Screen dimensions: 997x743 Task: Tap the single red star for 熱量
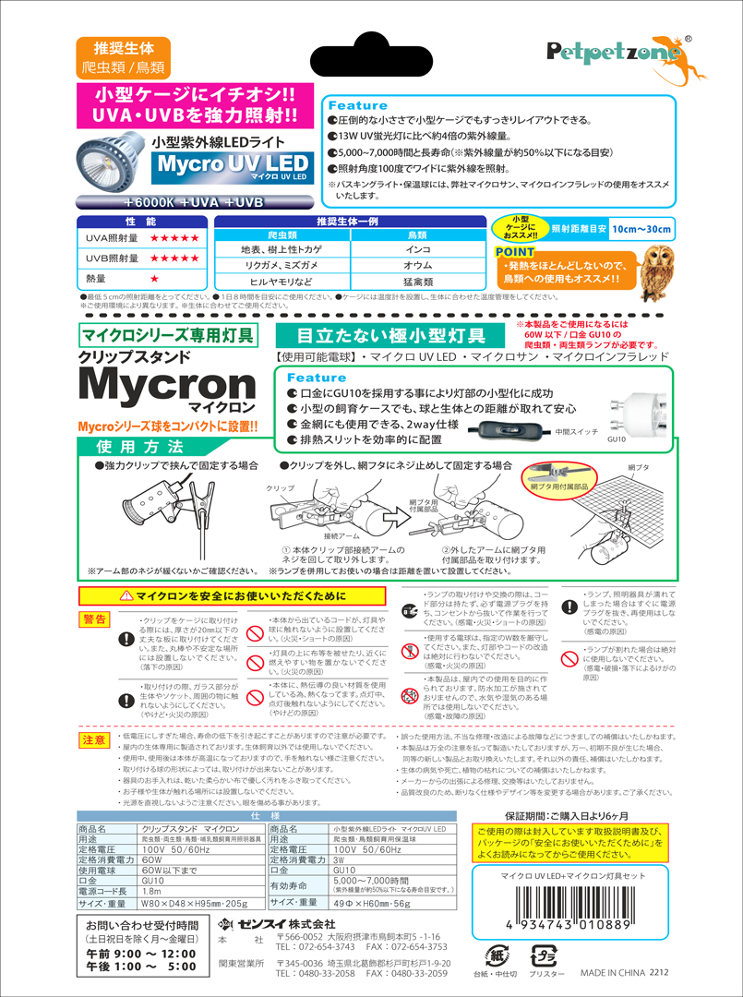154,278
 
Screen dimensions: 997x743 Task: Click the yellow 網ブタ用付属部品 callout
560,485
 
